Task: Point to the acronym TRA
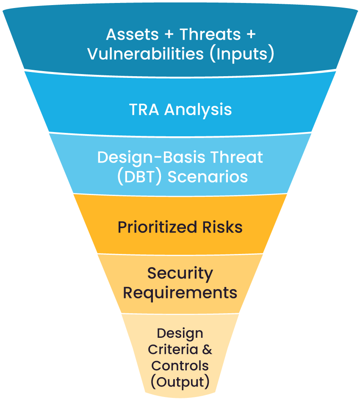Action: [144, 110]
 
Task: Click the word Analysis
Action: [198, 110]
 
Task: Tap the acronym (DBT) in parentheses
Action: [139, 177]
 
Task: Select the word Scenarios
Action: [208, 177]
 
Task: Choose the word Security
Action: [180, 273]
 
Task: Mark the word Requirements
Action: [180, 292]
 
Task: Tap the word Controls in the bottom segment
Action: [180, 366]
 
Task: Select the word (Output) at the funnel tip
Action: [180, 382]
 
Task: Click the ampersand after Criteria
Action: [206, 350]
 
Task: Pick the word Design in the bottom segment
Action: [180, 334]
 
